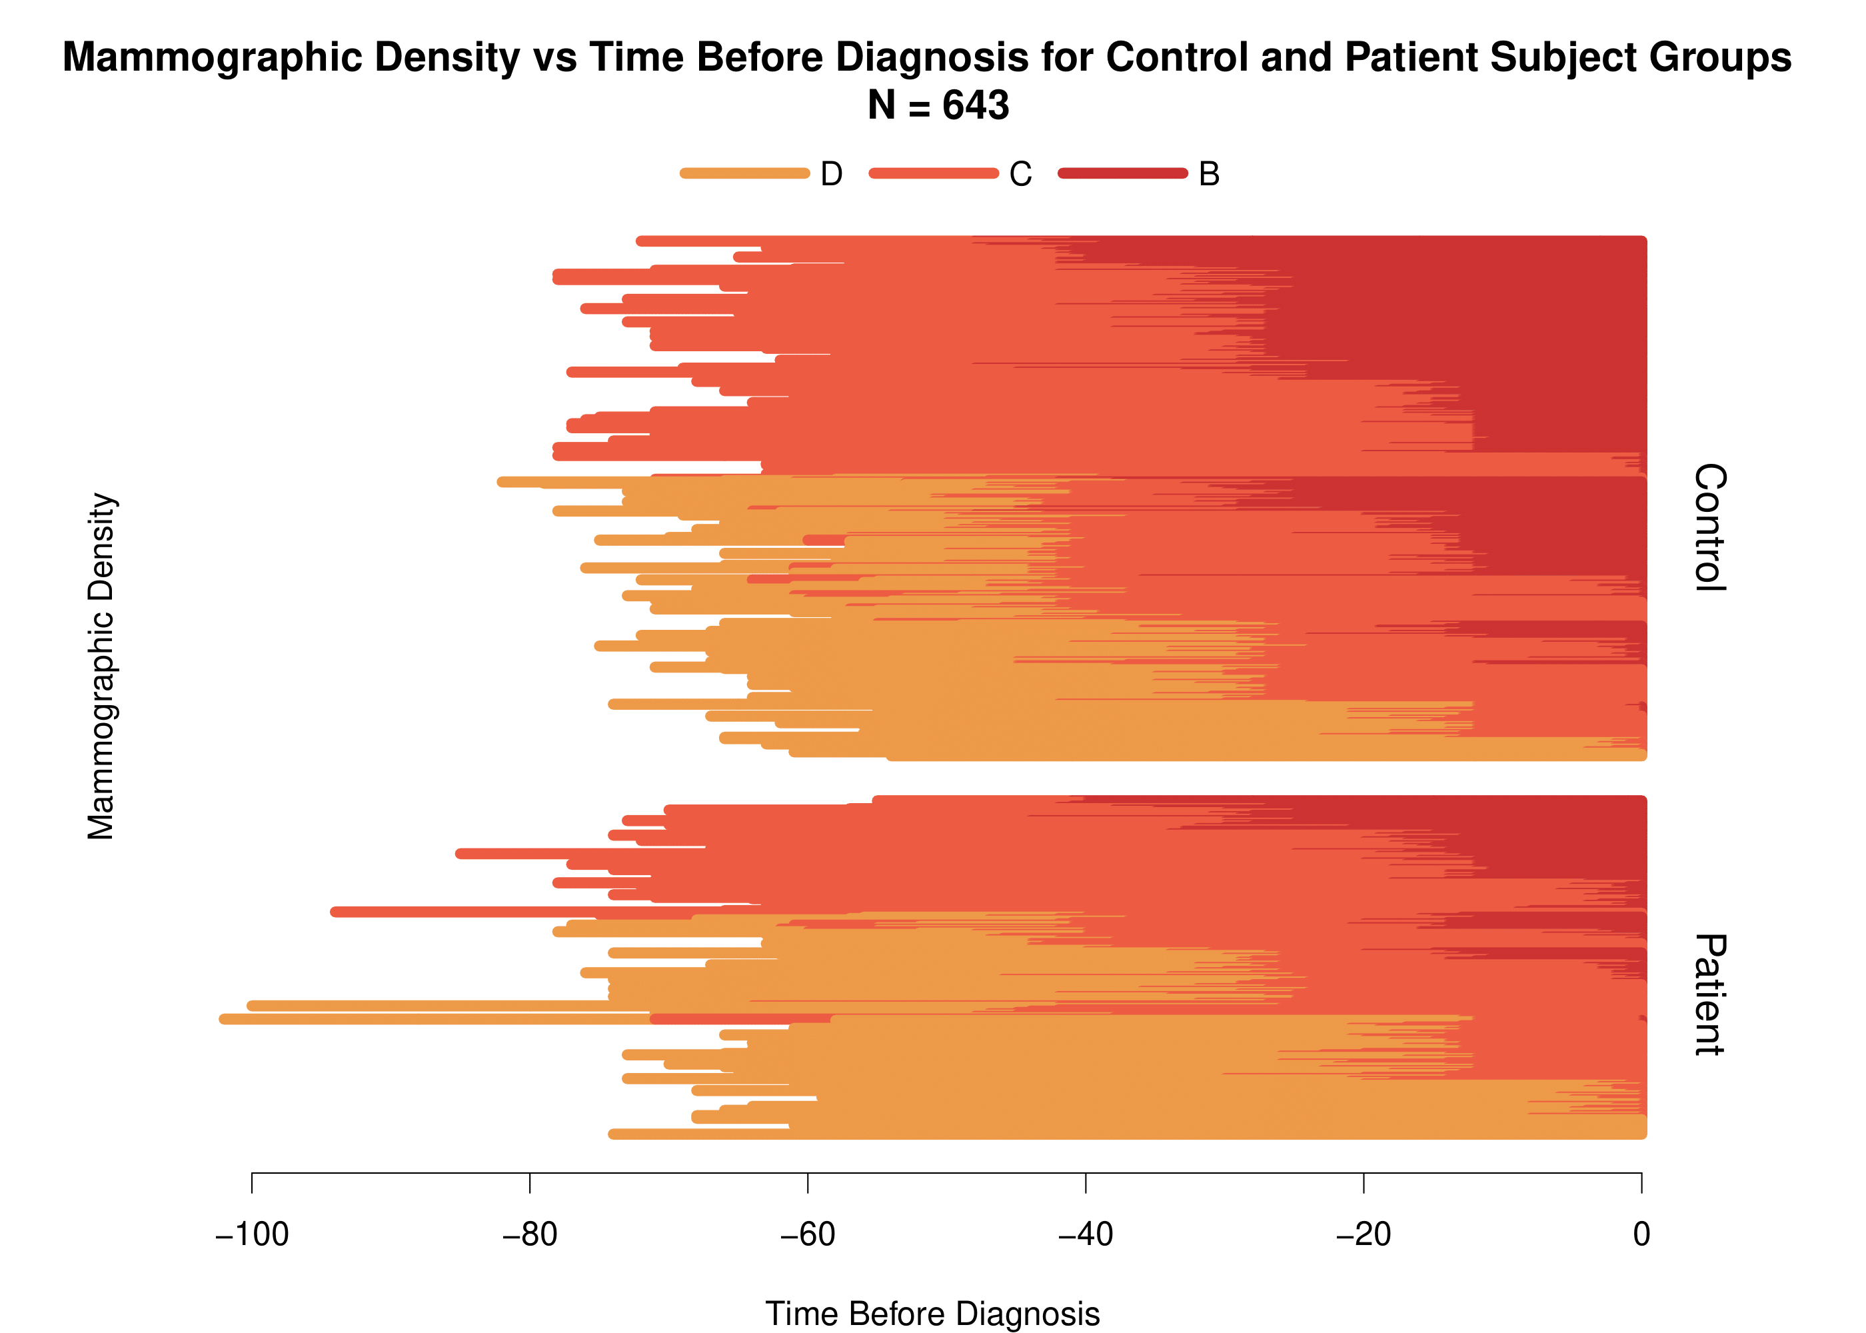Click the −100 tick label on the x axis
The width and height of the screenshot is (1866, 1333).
pyautogui.click(x=252, y=1234)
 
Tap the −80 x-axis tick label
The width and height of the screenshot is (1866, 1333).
pyautogui.click(x=530, y=1234)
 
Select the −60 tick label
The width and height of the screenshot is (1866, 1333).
pyautogui.click(x=808, y=1234)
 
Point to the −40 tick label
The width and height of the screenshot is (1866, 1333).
pyautogui.click(x=1086, y=1234)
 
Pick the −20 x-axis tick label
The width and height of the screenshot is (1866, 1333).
pyautogui.click(x=1363, y=1234)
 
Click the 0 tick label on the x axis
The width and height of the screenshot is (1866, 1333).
pyautogui.click(x=1641, y=1234)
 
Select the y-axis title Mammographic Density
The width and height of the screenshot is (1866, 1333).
pyautogui.click(x=102, y=666)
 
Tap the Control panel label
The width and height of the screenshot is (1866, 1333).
pyautogui.click(x=1710, y=527)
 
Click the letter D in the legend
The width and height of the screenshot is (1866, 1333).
pyautogui.click(x=831, y=174)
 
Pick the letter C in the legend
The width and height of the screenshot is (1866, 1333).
pyautogui.click(x=1020, y=174)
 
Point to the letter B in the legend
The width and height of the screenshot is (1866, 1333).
pyautogui.click(x=1209, y=174)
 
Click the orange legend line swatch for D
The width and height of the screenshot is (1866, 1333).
pyautogui.click(x=744, y=173)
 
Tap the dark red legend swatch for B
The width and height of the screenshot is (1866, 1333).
pyautogui.click(x=1122, y=173)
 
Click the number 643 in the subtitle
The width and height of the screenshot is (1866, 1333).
pyautogui.click(x=976, y=105)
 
